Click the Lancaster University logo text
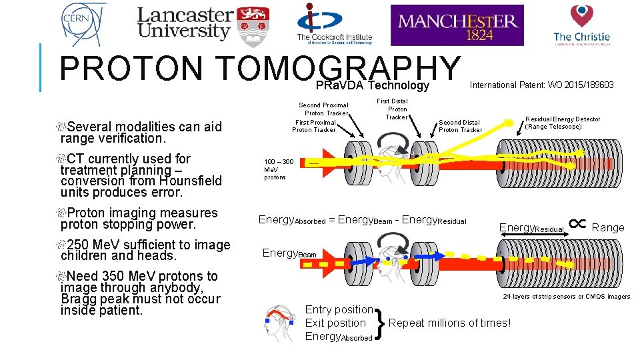[x=185, y=23]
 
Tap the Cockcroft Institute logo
[x=334, y=24]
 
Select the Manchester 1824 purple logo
[x=457, y=25]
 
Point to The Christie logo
[x=581, y=25]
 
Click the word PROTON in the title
[x=130, y=69]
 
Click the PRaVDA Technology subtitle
[x=372, y=85]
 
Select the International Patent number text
[x=541, y=85]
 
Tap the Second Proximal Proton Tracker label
[x=323, y=109]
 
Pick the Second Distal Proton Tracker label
[x=460, y=126]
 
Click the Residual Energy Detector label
[x=563, y=123]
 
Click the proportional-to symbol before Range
[x=578, y=225]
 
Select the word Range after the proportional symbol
[x=608, y=227]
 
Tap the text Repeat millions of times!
[x=449, y=323]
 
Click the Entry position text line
[x=339, y=309]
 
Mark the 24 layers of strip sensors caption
[x=566, y=297]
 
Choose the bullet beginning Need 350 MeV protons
[x=140, y=293]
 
